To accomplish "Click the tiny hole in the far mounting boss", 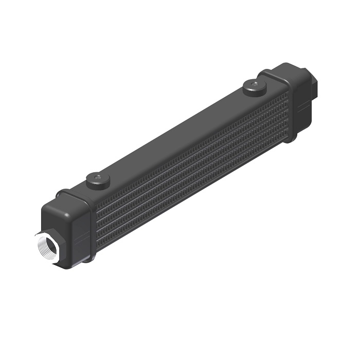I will pyautogui.click(x=254, y=82).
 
